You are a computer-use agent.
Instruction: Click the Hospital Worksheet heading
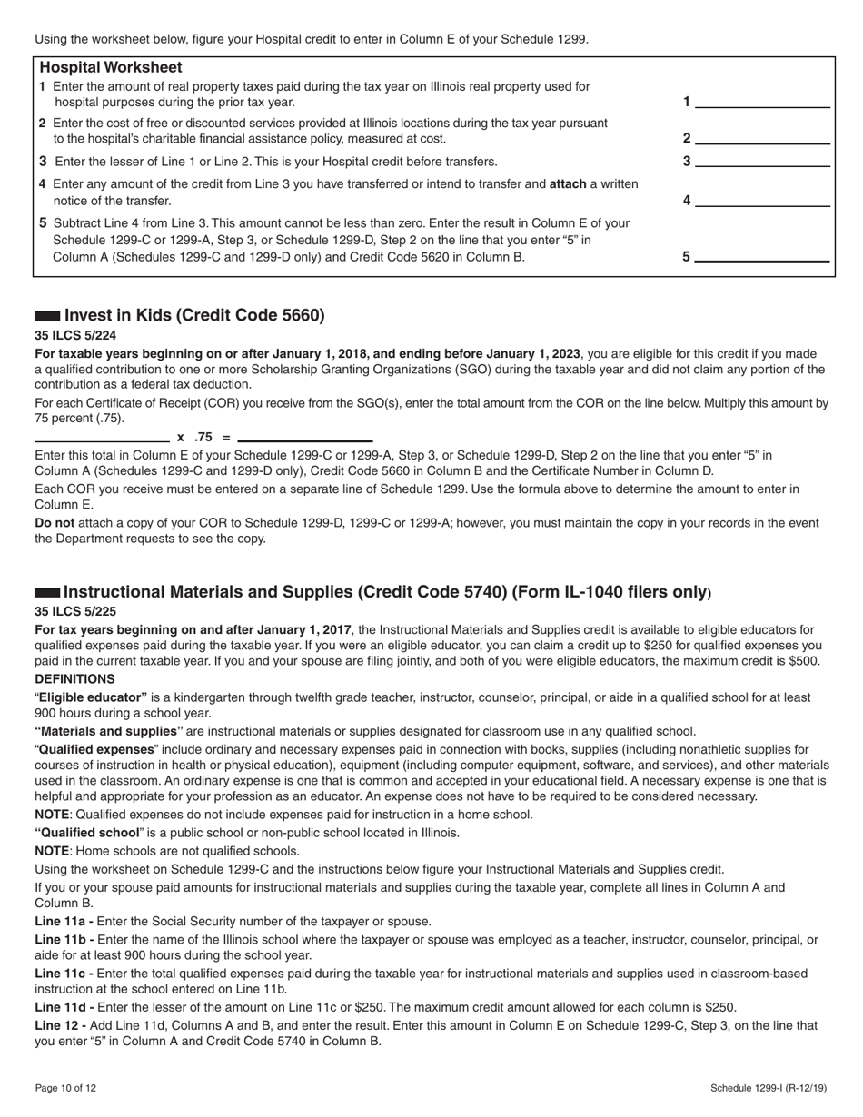click(x=111, y=68)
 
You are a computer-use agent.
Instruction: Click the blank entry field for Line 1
click(x=762, y=101)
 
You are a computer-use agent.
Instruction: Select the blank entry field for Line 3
click(x=762, y=161)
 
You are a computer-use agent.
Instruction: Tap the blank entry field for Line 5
click(x=762, y=256)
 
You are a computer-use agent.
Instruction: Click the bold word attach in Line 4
click(x=568, y=184)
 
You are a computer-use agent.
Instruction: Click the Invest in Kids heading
click(x=193, y=316)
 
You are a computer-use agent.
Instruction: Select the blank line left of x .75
click(x=102, y=437)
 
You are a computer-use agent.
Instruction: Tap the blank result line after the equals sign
click(x=304, y=437)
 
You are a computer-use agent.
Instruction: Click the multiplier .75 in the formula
click(x=203, y=437)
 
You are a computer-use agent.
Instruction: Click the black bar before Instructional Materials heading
click(x=47, y=592)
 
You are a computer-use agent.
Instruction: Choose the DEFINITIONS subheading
click(x=74, y=679)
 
